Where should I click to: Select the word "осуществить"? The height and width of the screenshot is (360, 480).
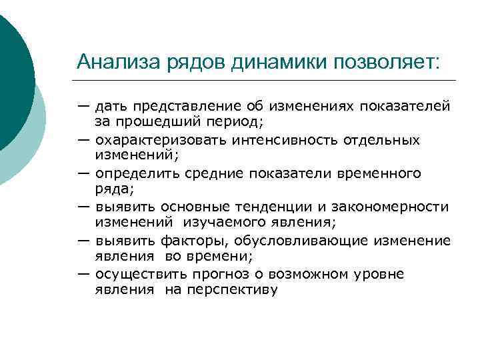pos(133,274)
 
